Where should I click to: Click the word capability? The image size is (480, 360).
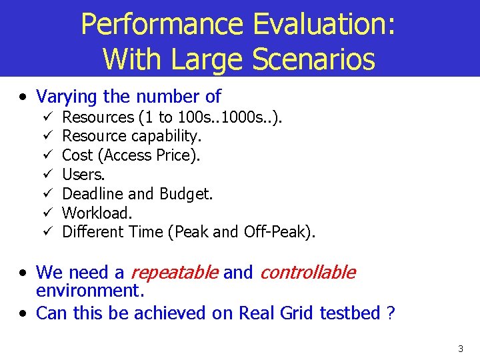[169, 137]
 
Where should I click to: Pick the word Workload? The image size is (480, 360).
[97, 213]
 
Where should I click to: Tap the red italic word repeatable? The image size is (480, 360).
[174, 273]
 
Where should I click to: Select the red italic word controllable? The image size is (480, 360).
[307, 273]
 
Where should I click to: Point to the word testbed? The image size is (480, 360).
[350, 313]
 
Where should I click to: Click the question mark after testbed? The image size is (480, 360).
[391, 313]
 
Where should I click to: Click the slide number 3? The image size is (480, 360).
[460, 349]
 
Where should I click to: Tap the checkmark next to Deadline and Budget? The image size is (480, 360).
[47, 194]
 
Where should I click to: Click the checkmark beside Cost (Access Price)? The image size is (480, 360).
[47, 155]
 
